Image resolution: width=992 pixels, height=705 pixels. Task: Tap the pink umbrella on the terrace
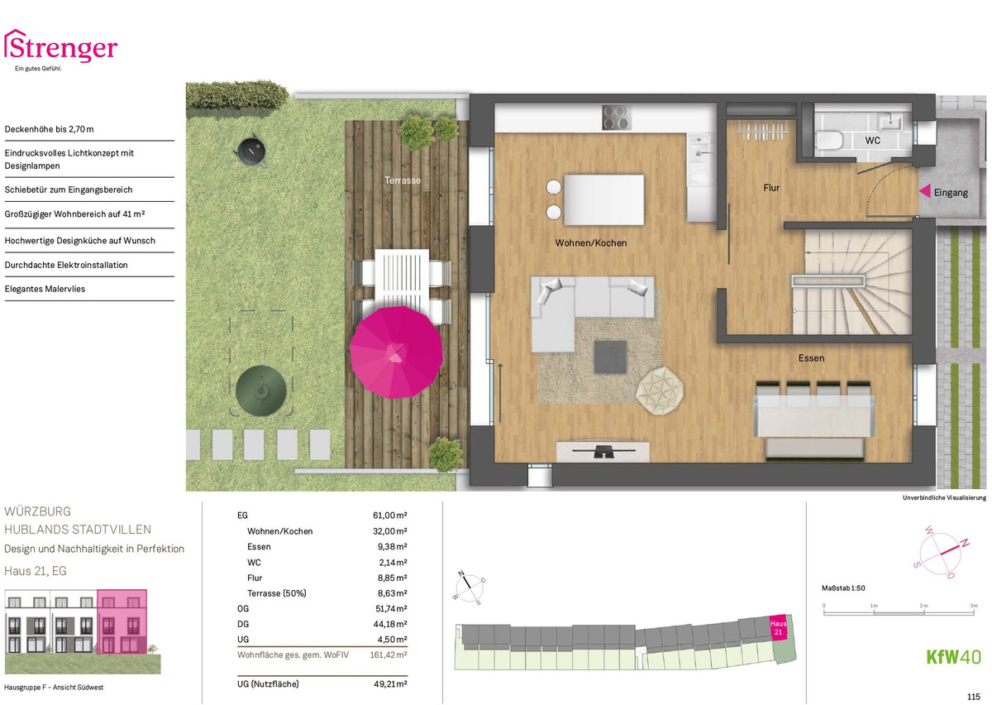click(396, 352)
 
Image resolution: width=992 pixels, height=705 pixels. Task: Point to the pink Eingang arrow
click(925, 191)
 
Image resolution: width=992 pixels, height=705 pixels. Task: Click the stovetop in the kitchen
click(616, 117)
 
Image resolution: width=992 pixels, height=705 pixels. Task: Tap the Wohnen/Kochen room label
click(591, 243)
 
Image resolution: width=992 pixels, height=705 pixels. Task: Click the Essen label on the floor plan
click(811, 357)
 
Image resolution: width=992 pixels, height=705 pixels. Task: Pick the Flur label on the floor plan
click(771, 188)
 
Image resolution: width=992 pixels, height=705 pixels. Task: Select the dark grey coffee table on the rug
click(610, 357)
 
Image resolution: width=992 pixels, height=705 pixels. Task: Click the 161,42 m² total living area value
click(389, 655)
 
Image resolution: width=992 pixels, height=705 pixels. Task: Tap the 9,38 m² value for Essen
click(392, 547)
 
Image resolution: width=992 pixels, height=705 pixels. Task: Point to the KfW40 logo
click(953, 657)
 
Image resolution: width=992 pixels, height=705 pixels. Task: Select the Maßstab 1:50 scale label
click(843, 588)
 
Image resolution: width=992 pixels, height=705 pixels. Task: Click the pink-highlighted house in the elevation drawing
click(122, 621)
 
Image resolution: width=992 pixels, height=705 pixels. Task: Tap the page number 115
click(974, 697)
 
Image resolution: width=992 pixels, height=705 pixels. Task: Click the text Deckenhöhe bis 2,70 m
click(49, 129)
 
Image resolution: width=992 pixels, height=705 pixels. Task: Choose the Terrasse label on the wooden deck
click(403, 180)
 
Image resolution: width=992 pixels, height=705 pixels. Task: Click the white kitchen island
click(604, 200)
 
